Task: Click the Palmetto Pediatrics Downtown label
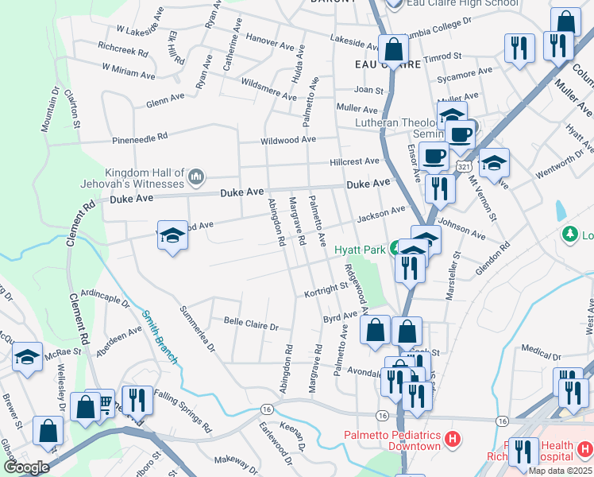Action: (x=391, y=440)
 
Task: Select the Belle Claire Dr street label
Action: (x=251, y=325)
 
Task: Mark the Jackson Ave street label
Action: (x=381, y=215)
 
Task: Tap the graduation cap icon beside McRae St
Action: (x=27, y=359)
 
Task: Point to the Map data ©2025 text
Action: (x=560, y=471)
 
